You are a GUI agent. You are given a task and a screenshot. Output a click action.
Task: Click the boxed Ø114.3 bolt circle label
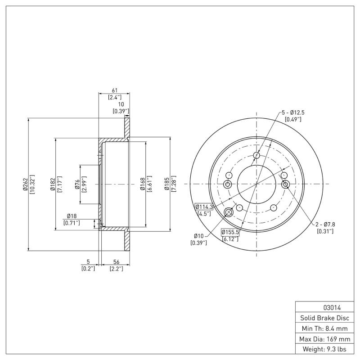click(204, 207)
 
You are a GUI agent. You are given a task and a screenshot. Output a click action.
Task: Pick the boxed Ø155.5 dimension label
click(229, 232)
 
